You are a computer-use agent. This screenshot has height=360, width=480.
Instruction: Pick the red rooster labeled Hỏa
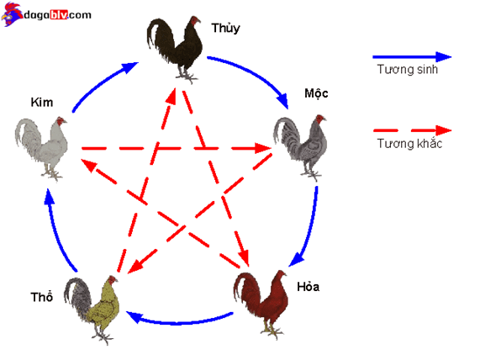261,304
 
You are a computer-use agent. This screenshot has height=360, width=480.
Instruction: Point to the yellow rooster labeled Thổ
92,310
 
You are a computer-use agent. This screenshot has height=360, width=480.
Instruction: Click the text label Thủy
225,29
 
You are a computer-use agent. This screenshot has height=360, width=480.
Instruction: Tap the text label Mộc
316,93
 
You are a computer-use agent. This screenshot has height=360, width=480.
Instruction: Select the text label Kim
42,103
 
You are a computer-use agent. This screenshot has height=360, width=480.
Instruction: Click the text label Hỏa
309,287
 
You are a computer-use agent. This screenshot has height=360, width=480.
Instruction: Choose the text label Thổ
42,297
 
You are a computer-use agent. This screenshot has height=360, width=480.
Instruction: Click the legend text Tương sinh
407,69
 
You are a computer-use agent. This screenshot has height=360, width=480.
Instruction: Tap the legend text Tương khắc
409,143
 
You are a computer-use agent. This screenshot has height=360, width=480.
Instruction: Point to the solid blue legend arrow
412,57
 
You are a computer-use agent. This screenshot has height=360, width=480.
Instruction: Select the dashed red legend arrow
413,130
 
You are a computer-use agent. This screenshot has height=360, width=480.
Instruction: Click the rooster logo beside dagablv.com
12,14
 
